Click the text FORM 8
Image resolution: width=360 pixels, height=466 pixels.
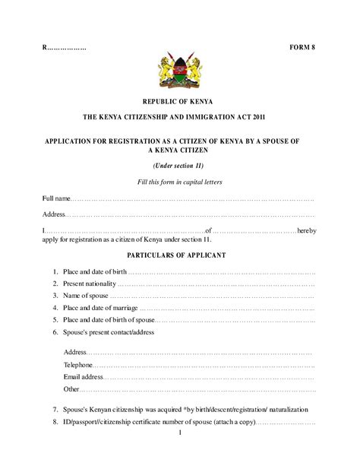pos(302,48)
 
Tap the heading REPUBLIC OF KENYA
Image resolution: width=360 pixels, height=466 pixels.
pos(179,101)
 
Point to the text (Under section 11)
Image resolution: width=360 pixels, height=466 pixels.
pos(179,165)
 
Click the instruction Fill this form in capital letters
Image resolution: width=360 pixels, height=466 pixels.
pos(179,182)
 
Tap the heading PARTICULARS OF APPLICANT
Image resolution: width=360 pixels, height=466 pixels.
pos(179,255)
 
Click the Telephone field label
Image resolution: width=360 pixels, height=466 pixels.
pos(79,365)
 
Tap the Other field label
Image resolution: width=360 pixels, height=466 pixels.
pos(72,389)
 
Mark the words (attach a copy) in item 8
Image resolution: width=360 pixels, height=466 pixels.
pos(232,422)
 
